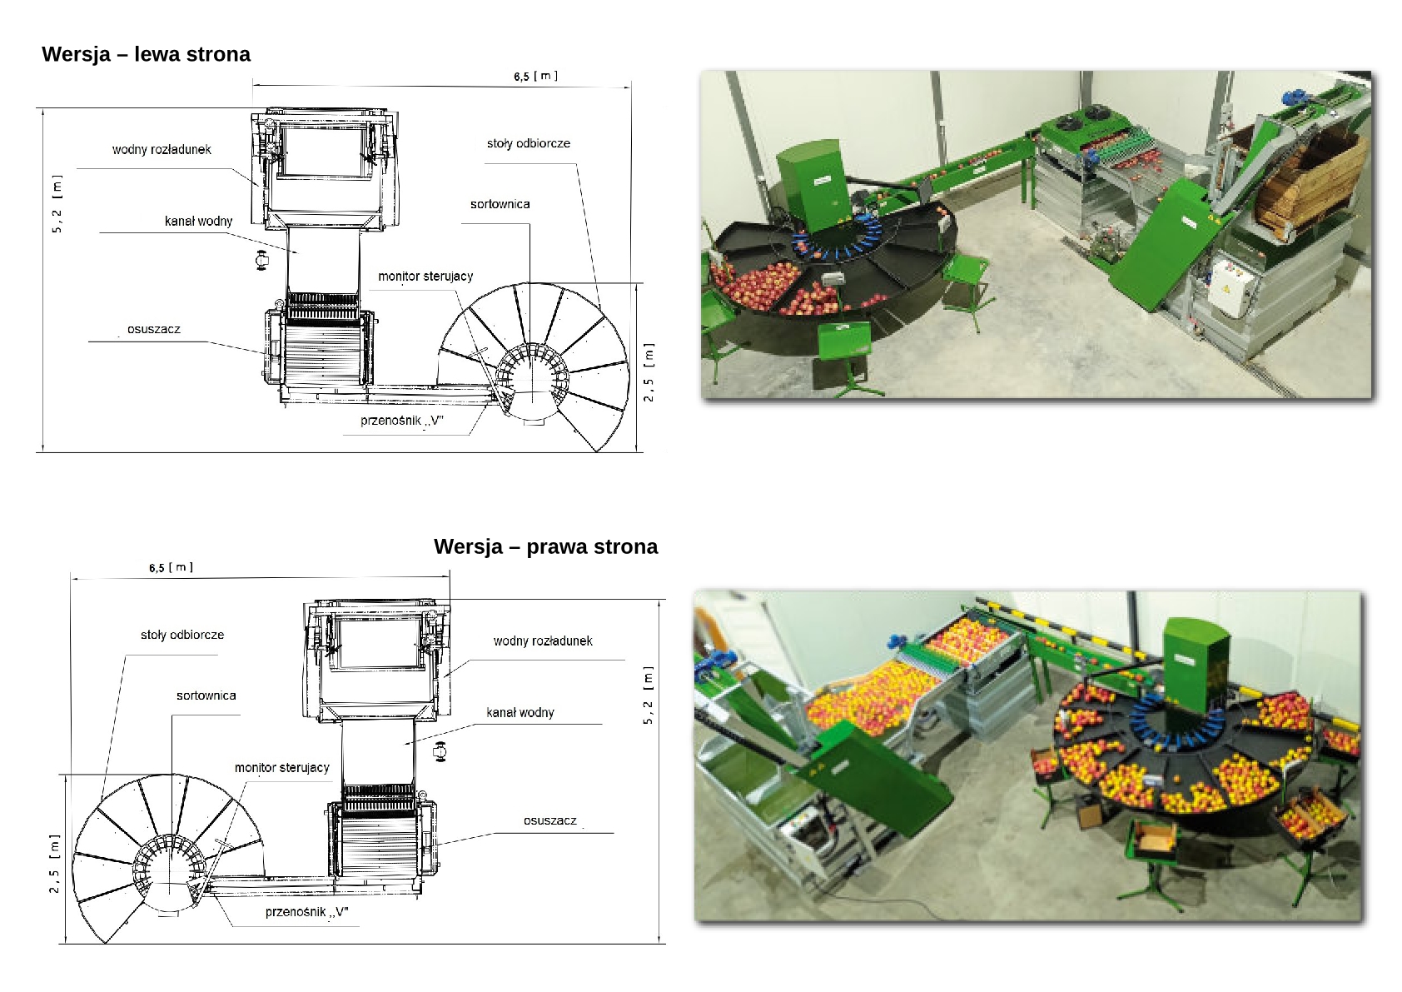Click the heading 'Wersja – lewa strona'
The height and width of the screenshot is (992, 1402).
[x=146, y=54]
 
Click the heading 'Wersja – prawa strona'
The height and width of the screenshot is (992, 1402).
[x=546, y=546]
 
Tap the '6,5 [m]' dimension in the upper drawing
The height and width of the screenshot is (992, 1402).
[x=536, y=77]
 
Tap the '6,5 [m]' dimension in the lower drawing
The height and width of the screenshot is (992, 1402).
[x=171, y=567]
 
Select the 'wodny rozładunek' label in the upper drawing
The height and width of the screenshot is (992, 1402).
[x=162, y=150]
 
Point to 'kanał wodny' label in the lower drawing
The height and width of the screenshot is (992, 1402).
[x=520, y=713]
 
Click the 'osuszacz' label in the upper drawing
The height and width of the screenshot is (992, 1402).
[x=153, y=329]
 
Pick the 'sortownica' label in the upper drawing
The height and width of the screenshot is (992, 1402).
[x=500, y=204]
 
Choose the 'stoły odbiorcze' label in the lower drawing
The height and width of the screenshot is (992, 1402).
[x=182, y=635]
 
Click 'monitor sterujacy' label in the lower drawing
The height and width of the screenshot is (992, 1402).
[x=281, y=768]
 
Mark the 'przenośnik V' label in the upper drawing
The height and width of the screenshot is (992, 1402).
[x=402, y=421]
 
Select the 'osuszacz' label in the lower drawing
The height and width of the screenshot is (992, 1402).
[x=550, y=820]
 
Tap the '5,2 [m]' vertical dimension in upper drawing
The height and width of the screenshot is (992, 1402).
[x=57, y=204]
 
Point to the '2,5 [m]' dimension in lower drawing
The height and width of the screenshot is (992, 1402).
[x=54, y=865]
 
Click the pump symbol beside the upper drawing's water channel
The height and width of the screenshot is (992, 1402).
[x=261, y=260]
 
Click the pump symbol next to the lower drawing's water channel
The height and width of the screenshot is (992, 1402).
[x=440, y=751]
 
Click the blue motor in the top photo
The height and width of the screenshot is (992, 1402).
[x=1290, y=97]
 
